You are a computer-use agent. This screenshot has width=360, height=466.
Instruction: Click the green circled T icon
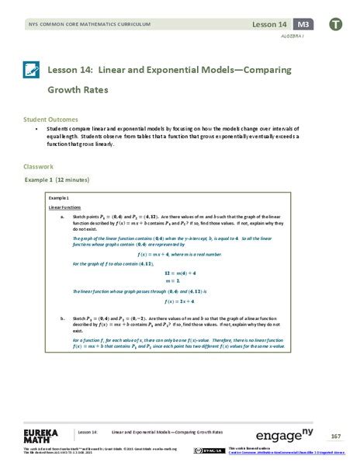click(x=336, y=24)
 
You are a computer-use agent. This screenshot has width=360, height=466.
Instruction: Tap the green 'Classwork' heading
click(x=38, y=165)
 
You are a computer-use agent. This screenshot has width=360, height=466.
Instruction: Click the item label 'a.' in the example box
click(x=62, y=217)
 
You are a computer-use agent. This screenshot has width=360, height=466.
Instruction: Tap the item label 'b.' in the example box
click(x=62, y=318)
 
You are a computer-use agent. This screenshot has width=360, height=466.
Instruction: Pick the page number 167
click(x=335, y=435)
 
